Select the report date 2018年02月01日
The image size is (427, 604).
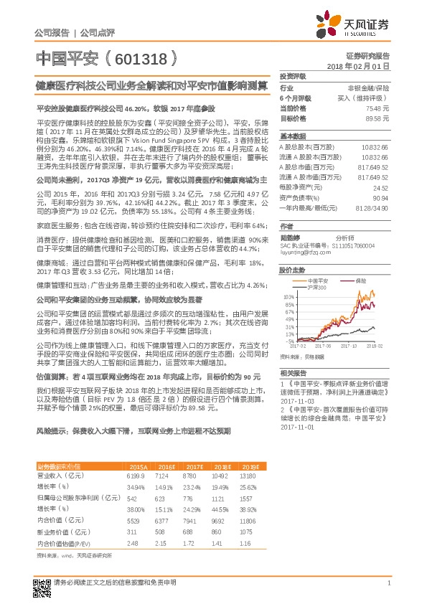tap(358, 65)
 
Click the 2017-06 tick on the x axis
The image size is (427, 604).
tap(325, 344)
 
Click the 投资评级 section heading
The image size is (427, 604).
tap(293, 75)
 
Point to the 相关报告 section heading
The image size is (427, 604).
tap(293, 372)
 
